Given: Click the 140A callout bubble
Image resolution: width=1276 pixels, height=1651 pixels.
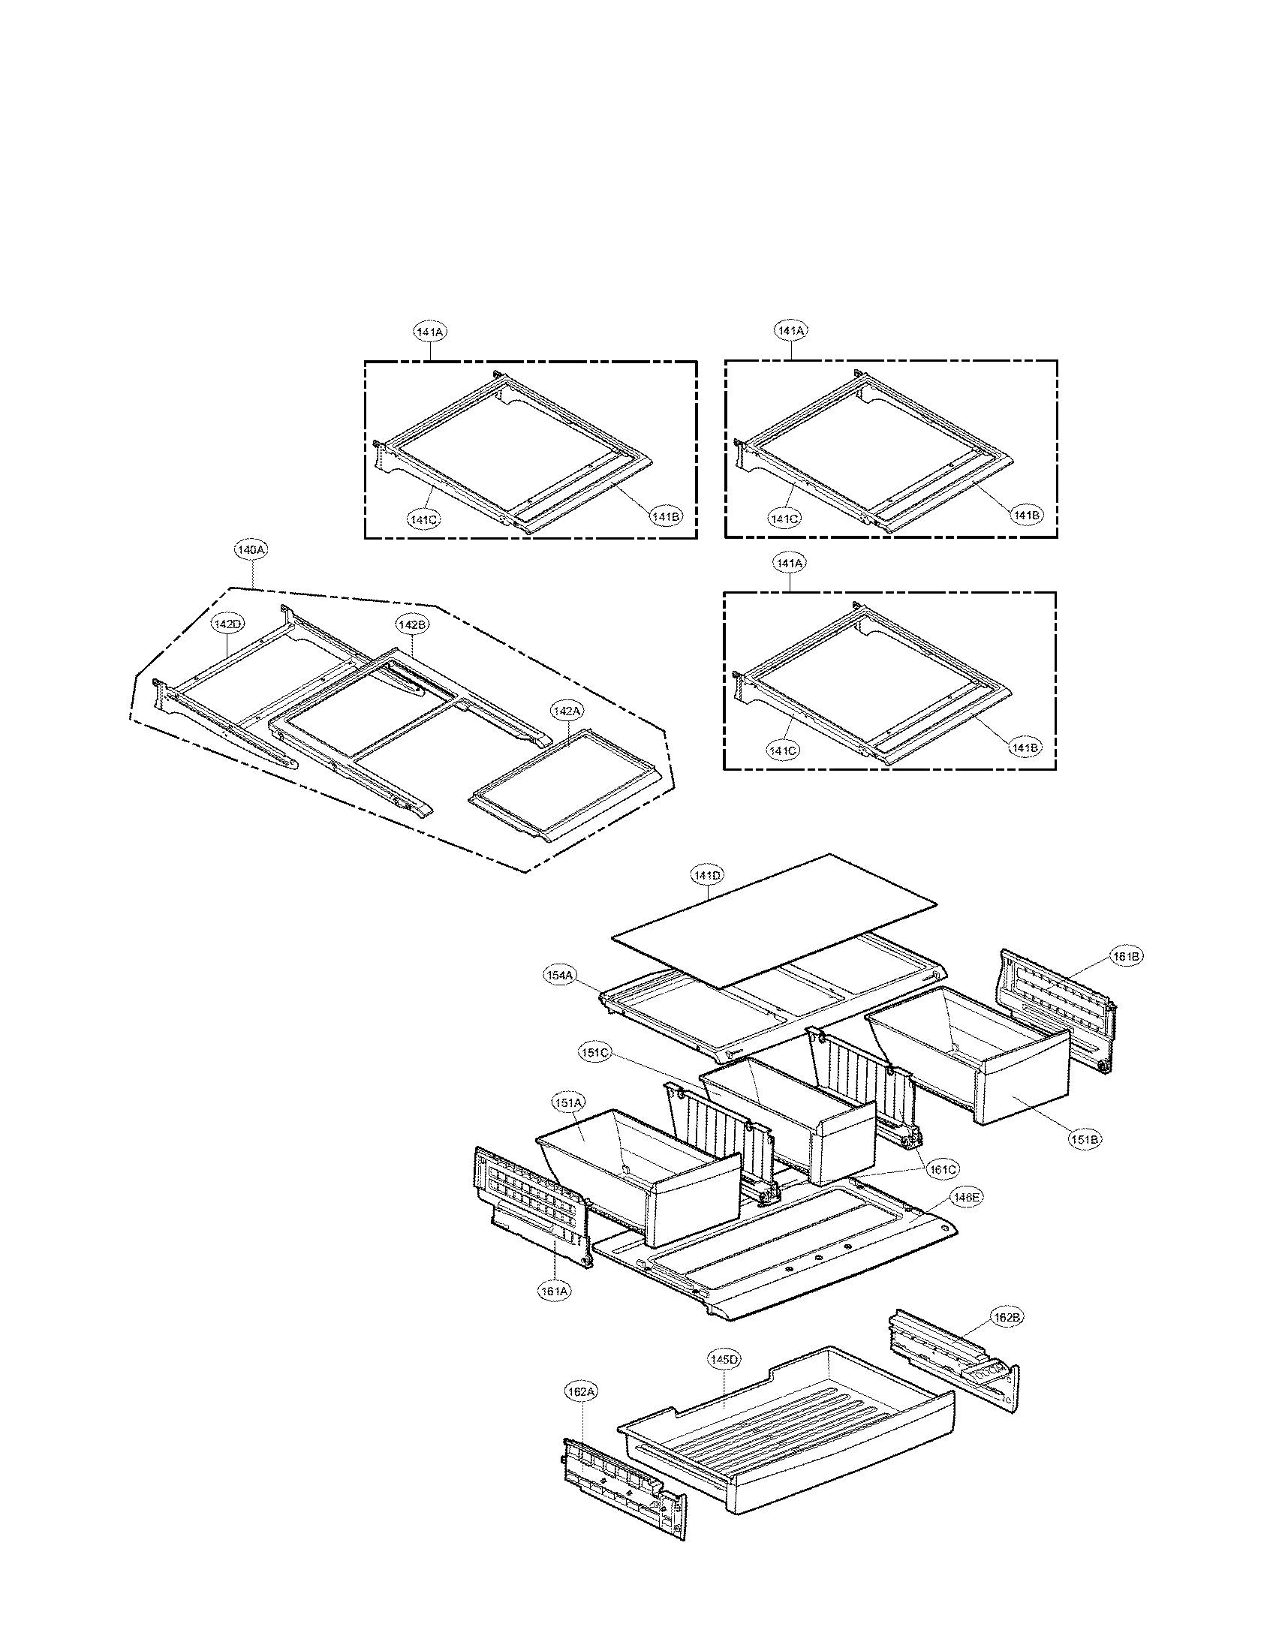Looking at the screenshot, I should tap(250, 551).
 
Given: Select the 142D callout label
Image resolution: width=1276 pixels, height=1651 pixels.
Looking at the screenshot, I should tap(227, 624).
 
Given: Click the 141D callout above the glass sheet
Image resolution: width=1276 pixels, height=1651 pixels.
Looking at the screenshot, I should tap(707, 875).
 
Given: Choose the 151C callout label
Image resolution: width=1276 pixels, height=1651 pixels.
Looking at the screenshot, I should tap(595, 1054).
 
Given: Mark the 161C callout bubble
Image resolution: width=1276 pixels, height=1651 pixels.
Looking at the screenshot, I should tap(943, 1169).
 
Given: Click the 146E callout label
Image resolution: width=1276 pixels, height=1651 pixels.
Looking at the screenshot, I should tap(968, 1198).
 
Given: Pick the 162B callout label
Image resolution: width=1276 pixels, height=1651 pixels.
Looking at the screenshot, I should tap(1007, 1318).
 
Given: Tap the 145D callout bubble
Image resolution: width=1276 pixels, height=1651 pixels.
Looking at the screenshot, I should tap(724, 1359).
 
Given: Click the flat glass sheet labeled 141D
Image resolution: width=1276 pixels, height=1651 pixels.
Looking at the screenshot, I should tap(771, 922).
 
